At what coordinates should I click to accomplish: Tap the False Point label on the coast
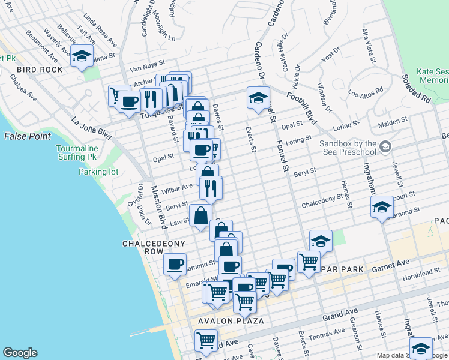click(x=28, y=136)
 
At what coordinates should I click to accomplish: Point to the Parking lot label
click(x=98, y=172)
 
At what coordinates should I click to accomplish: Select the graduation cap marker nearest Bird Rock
click(x=82, y=56)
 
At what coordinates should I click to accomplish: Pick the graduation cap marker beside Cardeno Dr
click(x=258, y=98)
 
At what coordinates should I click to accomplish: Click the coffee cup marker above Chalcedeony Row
click(x=175, y=264)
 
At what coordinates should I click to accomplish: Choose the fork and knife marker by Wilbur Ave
click(x=211, y=188)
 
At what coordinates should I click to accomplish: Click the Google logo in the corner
click(x=20, y=353)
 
